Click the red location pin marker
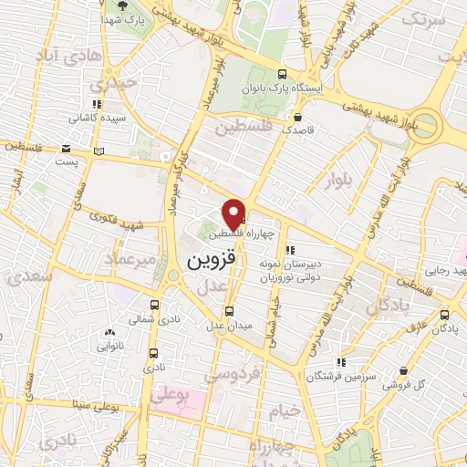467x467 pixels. [x=234, y=213]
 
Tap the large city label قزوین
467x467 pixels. [x=212, y=260]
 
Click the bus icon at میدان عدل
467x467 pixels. [x=228, y=310]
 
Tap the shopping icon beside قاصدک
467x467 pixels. [x=298, y=116]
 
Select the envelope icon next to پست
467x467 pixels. [x=66, y=148]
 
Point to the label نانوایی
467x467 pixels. [x=109, y=347]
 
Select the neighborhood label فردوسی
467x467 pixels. [x=232, y=373]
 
